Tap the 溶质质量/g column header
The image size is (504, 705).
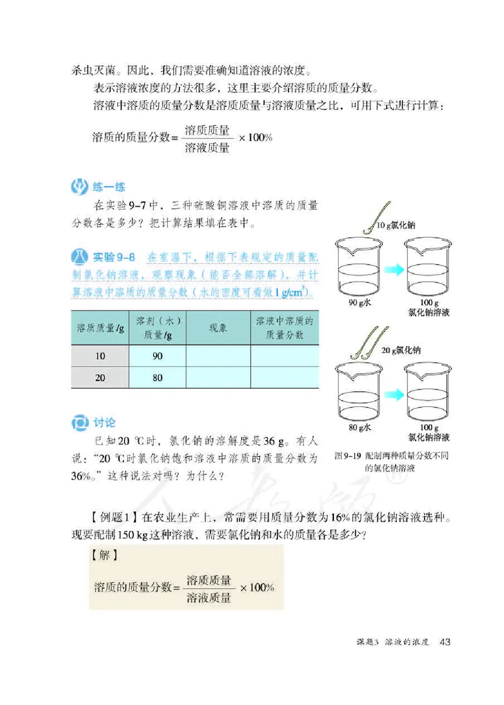point(100,328)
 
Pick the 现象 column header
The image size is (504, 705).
point(218,328)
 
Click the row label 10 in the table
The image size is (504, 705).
point(100,356)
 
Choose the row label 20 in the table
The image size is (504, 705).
point(100,378)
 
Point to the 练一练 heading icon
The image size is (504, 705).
point(80,186)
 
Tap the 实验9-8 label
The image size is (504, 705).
point(115,257)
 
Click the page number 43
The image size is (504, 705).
point(445,641)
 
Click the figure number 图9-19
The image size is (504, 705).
point(348,455)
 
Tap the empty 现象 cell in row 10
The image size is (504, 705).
point(218,356)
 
